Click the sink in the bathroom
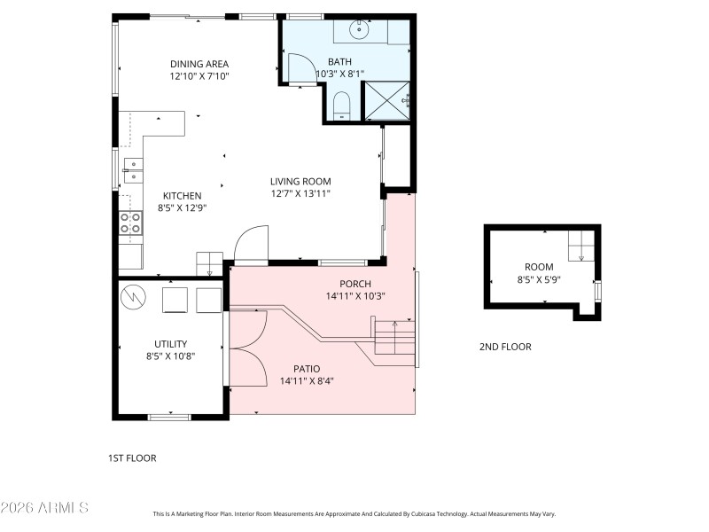click(x=360, y=30)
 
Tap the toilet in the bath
click(x=341, y=108)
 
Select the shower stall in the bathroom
click(x=388, y=101)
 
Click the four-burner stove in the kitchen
click(x=130, y=223)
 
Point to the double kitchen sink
click(x=132, y=169)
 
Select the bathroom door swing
click(x=300, y=68)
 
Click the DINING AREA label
click(x=199, y=64)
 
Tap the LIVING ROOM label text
click(x=300, y=181)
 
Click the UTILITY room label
click(x=170, y=343)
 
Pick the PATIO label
click(x=307, y=368)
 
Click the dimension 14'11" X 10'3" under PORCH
click(x=354, y=296)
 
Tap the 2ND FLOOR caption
click(x=505, y=347)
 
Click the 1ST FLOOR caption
click(x=132, y=458)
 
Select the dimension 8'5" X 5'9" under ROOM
click(x=539, y=279)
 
